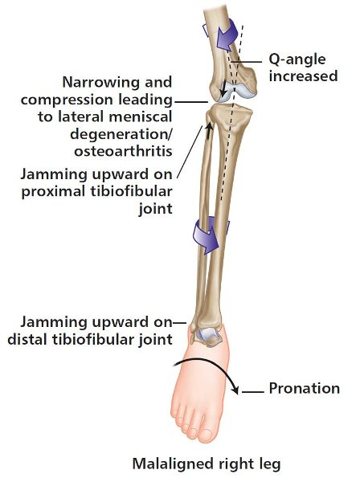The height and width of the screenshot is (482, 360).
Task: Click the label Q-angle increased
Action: [303, 68]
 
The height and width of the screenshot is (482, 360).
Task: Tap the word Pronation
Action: [305, 388]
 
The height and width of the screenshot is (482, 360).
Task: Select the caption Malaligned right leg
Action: [207, 464]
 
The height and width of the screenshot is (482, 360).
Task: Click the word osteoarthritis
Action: [123, 151]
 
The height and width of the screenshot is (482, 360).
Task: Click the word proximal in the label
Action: [54, 192]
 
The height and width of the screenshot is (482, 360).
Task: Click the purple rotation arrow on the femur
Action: [226, 34]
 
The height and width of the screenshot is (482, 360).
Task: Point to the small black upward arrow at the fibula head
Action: [209, 129]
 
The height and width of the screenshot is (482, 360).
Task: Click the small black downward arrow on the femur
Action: [224, 88]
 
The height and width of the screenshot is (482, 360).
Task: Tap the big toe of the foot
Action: [205, 435]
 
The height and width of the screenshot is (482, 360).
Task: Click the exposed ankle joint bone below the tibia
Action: [207, 337]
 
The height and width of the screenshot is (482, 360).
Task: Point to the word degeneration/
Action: [121, 134]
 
